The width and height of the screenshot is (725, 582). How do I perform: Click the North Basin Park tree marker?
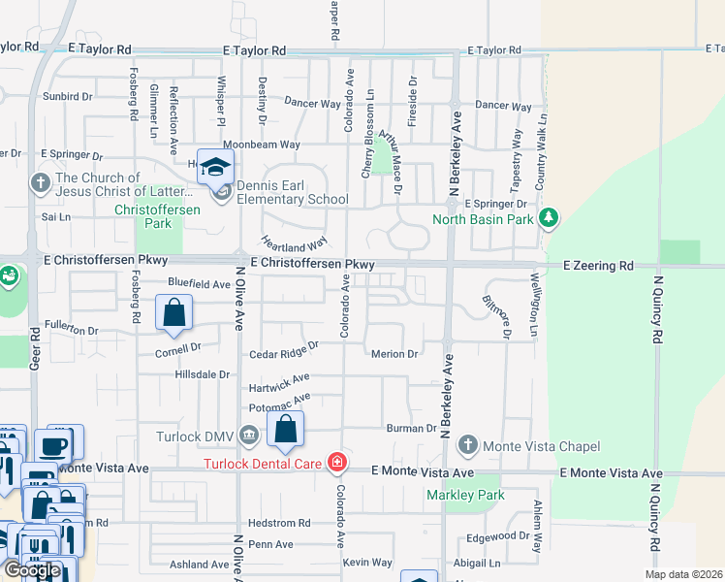(550, 216)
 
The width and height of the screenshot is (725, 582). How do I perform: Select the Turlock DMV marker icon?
(249, 435)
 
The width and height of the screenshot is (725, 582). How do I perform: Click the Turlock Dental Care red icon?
(337, 463)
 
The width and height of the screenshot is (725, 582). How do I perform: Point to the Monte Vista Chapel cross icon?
(467, 446)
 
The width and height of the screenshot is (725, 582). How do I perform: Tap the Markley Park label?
(465, 495)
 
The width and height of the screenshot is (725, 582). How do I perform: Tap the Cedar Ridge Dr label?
(284, 351)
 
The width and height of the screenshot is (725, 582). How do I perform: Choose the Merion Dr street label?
(394, 354)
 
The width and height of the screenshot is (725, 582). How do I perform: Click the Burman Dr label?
(412, 428)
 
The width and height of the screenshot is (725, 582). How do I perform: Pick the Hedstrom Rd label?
(278, 523)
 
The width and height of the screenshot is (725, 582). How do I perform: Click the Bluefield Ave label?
(199, 284)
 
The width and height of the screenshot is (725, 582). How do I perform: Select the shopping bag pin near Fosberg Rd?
(173, 313)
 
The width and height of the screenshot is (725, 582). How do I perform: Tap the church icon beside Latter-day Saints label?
(41, 182)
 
